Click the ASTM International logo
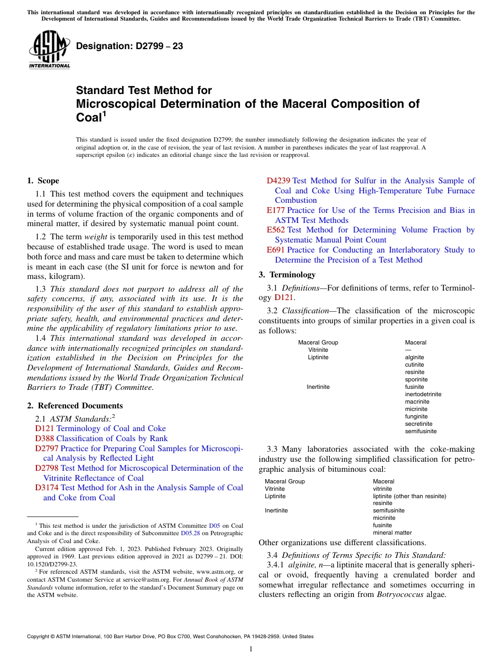[49, 49]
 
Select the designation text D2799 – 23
[129, 46]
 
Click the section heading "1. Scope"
[43, 181]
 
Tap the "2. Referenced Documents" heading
[75, 406]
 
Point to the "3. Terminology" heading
[287, 275]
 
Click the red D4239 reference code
[278, 181]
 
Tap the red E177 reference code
[275, 210]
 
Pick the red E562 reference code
[275, 230]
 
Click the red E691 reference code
[275, 250]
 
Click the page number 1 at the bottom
[251, 649]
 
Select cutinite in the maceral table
[414, 365]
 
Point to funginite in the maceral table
[416, 416]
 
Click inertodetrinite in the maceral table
[423, 394]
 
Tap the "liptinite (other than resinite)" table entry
[409, 496]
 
